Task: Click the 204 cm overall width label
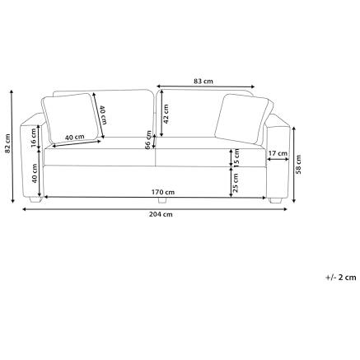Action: [161, 214]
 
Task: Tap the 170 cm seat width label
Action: [163, 192]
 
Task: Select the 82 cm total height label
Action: [7, 143]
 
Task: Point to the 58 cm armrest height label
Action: [298, 164]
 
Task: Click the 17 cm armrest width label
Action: [278, 153]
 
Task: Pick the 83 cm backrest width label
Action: [203, 82]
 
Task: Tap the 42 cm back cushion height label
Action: [166, 114]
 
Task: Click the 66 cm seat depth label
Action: [148, 139]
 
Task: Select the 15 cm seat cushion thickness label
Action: [236, 158]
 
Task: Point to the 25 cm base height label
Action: [236, 182]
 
